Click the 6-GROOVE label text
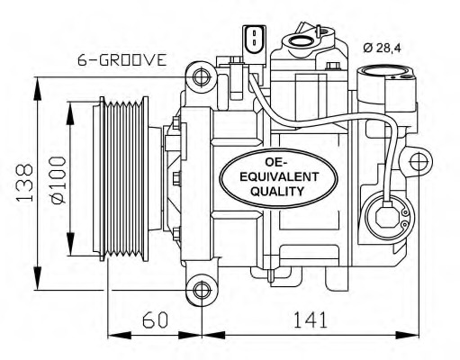click(122, 61)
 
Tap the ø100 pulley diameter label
click(57, 181)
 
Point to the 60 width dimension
click(156, 319)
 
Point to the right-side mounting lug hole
click(419, 162)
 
